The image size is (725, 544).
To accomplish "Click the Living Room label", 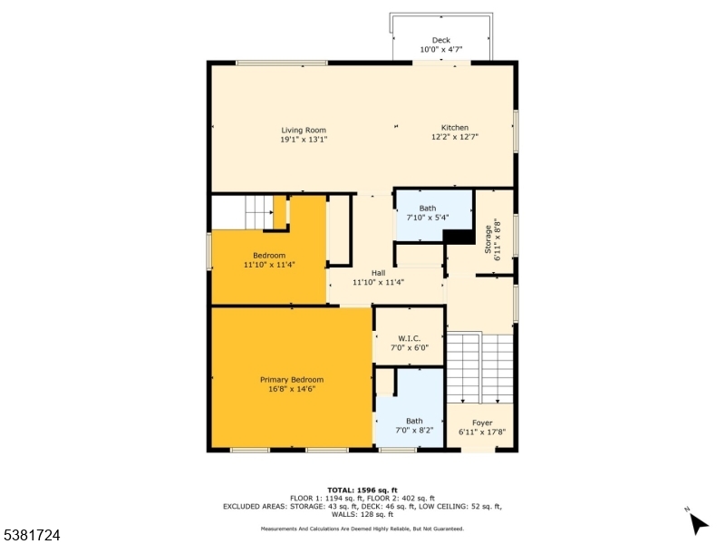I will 303,130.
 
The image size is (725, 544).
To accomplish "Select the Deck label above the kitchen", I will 440,40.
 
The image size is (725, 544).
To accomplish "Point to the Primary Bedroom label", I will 291,379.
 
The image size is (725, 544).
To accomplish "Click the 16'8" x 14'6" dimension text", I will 291,389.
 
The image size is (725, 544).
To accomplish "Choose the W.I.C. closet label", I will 409,338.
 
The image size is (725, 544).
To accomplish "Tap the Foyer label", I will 482,423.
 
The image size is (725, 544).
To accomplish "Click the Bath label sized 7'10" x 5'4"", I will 427,209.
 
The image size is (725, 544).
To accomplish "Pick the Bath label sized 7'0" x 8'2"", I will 413,421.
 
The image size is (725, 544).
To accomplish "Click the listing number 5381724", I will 32,536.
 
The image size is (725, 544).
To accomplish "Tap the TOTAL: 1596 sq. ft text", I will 362,490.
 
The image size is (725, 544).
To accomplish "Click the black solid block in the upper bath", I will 460,237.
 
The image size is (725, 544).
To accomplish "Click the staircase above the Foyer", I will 480,367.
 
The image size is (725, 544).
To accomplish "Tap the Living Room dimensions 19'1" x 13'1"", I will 303,140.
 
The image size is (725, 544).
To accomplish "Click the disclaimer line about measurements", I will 362,528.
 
